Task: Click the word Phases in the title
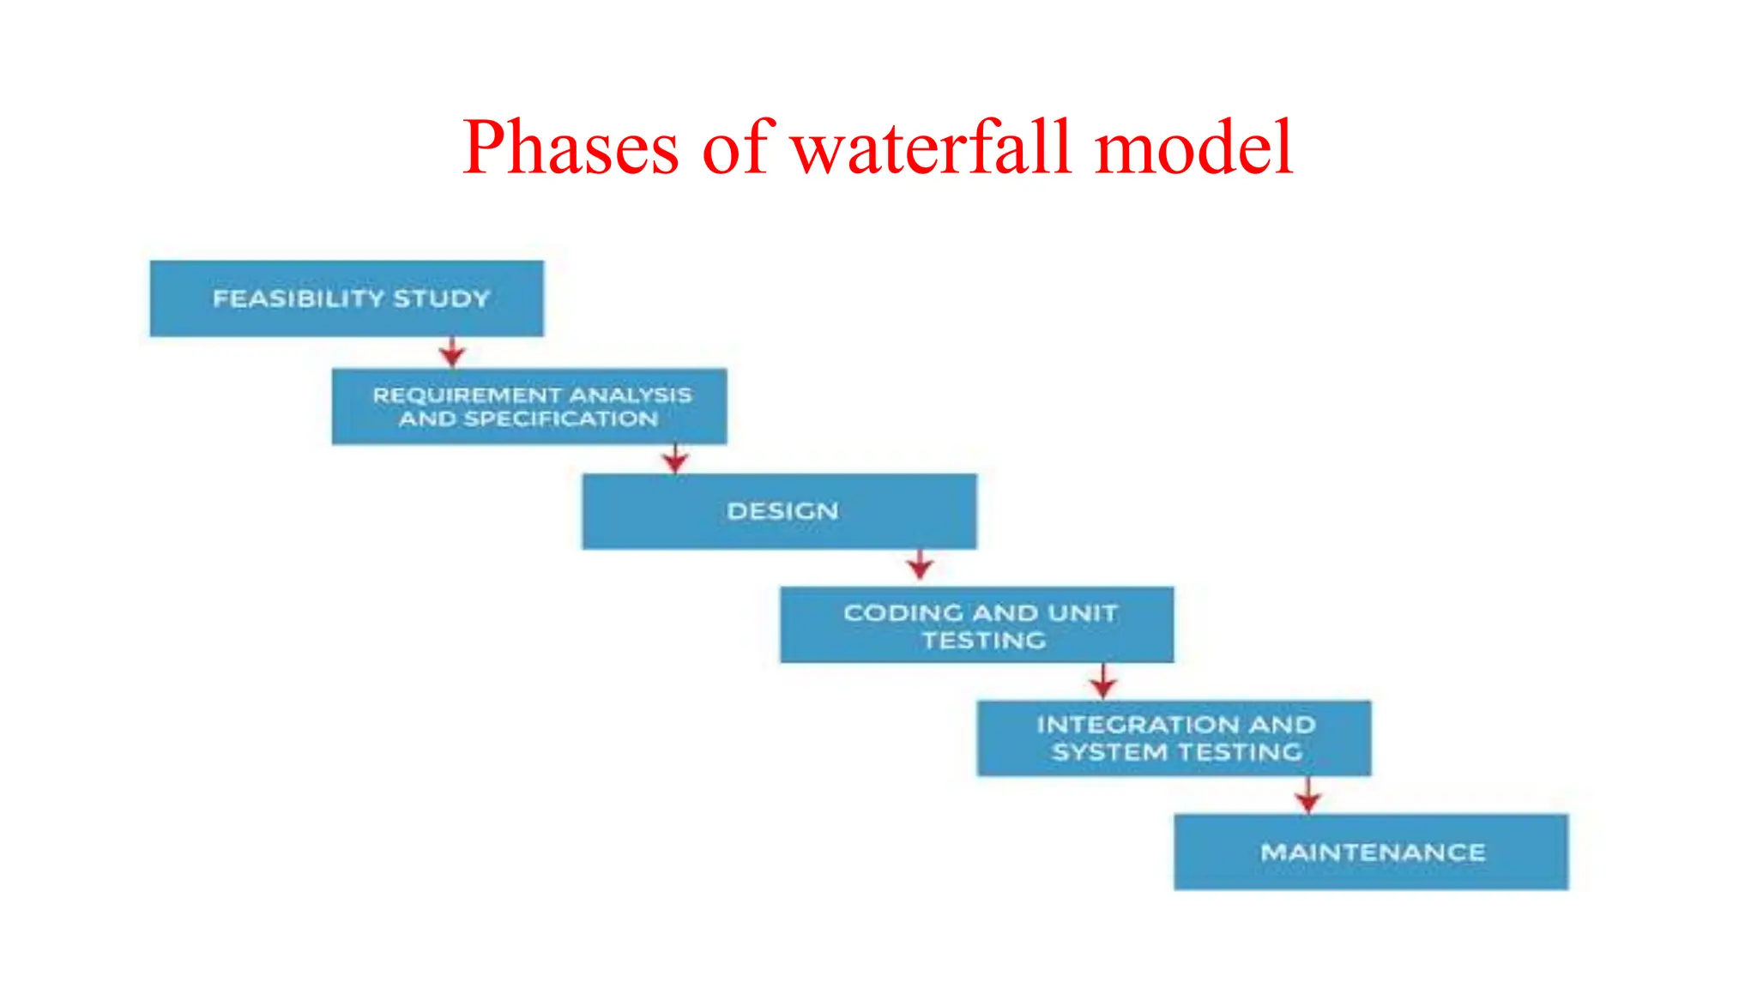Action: pyautogui.click(x=571, y=148)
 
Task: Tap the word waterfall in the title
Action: pyautogui.click(x=932, y=148)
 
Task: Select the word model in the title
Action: pyautogui.click(x=1193, y=148)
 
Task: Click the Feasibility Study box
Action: pyautogui.click(x=347, y=298)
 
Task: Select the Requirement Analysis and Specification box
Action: pyautogui.click(x=529, y=407)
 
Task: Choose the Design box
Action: pyautogui.click(x=779, y=511)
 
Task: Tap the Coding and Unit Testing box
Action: pyautogui.click(x=976, y=625)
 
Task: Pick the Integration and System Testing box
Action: pyautogui.click(x=1174, y=738)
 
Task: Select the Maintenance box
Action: pyautogui.click(x=1371, y=852)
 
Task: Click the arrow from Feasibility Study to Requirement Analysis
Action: pyautogui.click(x=452, y=352)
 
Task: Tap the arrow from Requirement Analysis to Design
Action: pyautogui.click(x=675, y=459)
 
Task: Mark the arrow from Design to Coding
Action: pyautogui.click(x=920, y=566)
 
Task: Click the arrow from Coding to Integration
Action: pyautogui.click(x=1103, y=681)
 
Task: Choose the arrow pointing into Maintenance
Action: pyautogui.click(x=1307, y=796)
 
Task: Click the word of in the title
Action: pyautogui.click(x=736, y=148)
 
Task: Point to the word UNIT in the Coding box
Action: pyautogui.click(x=1083, y=613)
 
